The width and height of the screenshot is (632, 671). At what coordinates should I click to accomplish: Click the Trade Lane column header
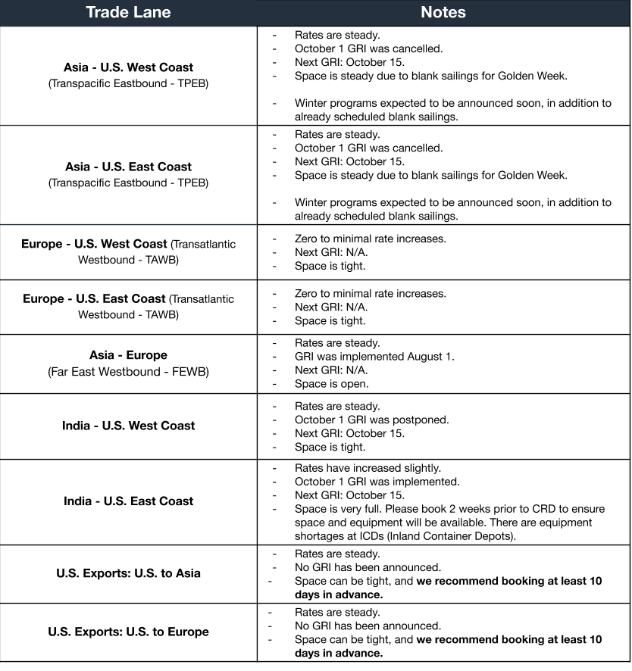(128, 12)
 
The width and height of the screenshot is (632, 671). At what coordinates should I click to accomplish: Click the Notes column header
(443, 12)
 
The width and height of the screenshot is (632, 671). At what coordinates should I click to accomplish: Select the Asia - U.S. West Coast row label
(128, 67)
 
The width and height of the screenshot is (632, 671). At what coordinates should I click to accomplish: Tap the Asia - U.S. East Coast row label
(128, 167)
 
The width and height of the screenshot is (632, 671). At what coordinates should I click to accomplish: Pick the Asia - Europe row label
(128, 355)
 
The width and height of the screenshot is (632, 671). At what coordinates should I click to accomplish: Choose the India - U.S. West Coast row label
(128, 426)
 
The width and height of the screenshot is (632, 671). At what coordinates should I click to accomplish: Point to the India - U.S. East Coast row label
(128, 501)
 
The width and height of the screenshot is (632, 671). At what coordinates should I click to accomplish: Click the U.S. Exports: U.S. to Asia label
(128, 573)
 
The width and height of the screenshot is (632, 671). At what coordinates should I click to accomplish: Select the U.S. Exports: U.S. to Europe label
(128, 632)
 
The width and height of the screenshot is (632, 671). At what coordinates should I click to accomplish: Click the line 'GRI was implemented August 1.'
(374, 357)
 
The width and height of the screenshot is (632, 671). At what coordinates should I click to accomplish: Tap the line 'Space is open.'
(330, 384)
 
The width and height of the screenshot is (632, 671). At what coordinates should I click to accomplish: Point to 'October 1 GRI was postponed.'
(371, 420)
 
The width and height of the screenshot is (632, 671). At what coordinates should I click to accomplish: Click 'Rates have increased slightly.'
(368, 468)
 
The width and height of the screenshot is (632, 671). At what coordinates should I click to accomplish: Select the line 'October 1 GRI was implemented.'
(377, 482)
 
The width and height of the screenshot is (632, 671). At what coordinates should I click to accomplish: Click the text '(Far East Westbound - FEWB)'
(128, 372)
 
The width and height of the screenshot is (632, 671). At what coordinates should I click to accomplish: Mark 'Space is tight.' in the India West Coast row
(330, 447)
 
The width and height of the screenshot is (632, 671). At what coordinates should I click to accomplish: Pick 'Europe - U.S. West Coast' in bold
(94, 244)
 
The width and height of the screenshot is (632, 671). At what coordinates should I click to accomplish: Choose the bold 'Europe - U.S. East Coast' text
(94, 298)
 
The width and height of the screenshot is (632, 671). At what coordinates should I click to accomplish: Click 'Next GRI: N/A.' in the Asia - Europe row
(331, 370)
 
